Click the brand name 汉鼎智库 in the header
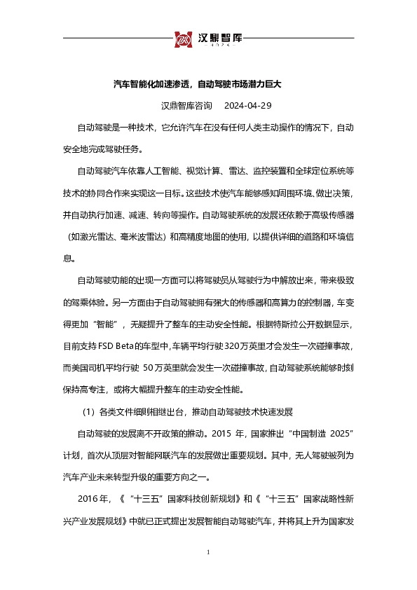pyautogui.click(x=219, y=37)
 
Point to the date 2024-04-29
pyautogui.click(x=247, y=107)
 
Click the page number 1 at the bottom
pyautogui.click(x=209, y=553)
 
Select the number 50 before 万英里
pyautogui.click(x=153, y=367)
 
